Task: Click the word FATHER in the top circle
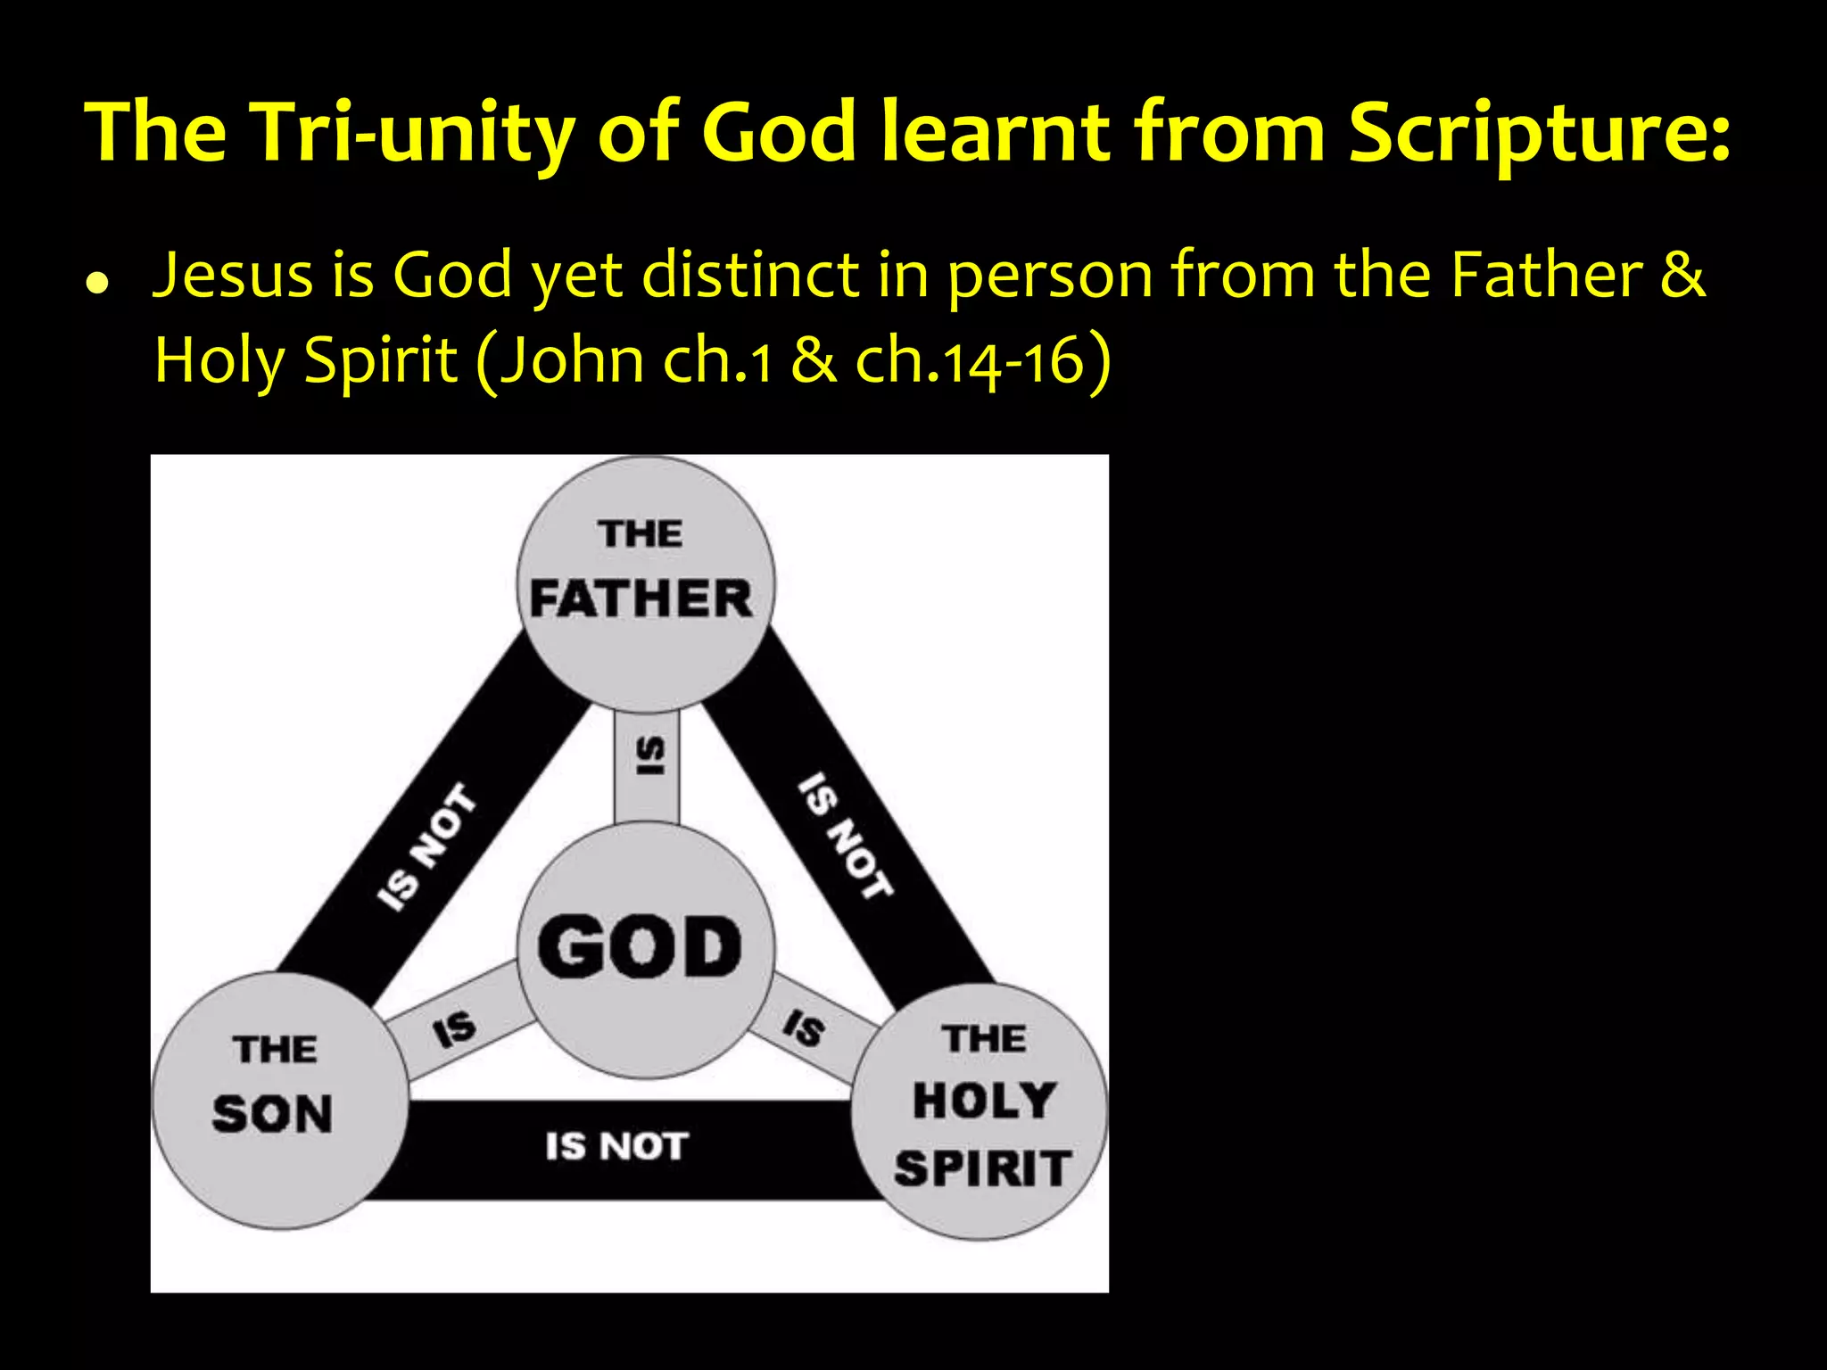(641, 598)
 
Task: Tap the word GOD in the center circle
(640, 947)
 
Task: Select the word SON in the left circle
(272, 1114)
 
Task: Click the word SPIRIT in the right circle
(982, 1168)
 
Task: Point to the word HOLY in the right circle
(984, 1101)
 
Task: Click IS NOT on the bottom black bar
(616, 1147)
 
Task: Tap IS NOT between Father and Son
(426, 847)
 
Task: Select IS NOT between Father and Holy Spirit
(844, 836)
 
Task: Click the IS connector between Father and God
(649, 756)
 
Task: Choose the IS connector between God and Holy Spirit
(804, 1027)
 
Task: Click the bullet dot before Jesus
(97, 284)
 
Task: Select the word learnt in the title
(996, 134)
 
